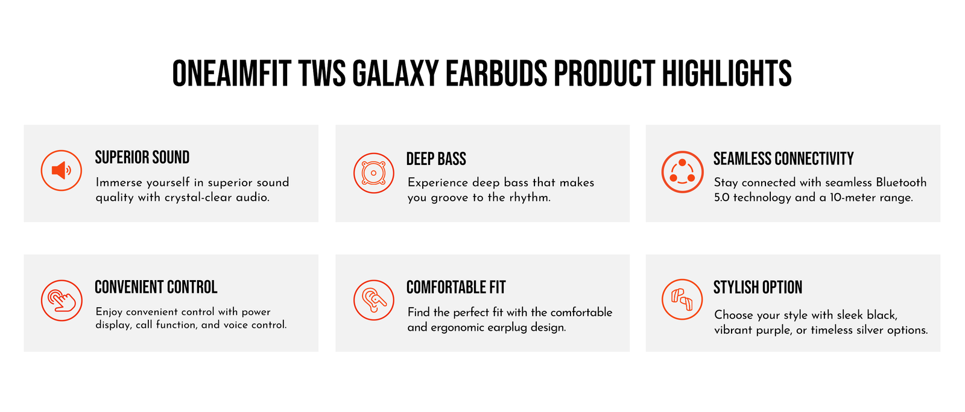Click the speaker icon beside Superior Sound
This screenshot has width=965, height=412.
pyautogui.click(x=61, y=170)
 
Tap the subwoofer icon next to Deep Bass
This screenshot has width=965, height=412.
pyautogui.click(x=373, y=173)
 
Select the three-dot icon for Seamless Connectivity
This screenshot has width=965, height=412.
pyautogui.click(x=682, y=172)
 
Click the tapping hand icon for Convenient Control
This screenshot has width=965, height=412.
pyautogui.click(x=62, y=300)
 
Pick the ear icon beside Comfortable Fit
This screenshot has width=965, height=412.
pyautogui.click(x=373, y=300)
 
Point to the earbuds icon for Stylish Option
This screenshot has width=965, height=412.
pyautogui.click(x=682, y=299)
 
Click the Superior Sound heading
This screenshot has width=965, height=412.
pyautogui.click(x=142, y=157)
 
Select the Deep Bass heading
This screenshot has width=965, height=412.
pyautogui.click(x=436, y=159)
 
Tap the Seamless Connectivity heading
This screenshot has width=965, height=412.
pyautogui.click(x=783, y=158)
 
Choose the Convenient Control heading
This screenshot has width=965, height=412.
pyautogui.click(x=156, y=287)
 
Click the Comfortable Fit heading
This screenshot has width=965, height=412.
pyautogui.click(x=456, y=287)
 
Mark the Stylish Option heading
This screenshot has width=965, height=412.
pyautogui.click(x=758, y=287)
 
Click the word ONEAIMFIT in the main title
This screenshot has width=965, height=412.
pyautogui.click(x=232, y=73)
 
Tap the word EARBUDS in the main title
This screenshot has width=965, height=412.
pyautogui.click(x=496, y=73)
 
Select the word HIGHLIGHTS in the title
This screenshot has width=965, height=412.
pyautogui.click(x=727, y=73)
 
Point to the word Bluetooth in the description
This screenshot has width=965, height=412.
pyautogui.click(x=901, y=183)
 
